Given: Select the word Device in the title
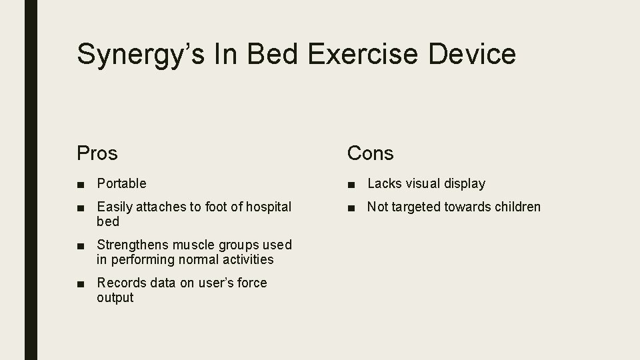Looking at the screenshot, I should coord(472,53).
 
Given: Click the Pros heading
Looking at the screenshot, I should coord(97,153).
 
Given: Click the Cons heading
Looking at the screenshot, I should coord(370,153).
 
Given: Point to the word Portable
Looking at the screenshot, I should coord(121,183).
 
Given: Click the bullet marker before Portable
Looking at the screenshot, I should coord(81,184).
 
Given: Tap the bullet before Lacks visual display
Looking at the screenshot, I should coord(351,184).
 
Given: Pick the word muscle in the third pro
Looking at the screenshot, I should coord(199,245).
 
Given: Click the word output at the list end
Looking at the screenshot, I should coord(115,297).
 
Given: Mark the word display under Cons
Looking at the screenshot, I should coord(463,183).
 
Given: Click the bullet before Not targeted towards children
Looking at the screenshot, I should coord(351,207).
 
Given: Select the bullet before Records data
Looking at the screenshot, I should coord(81,283).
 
